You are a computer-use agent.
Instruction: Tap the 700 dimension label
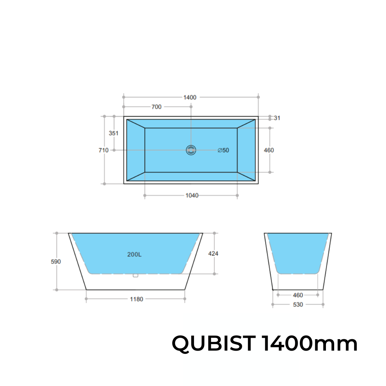[x=157, y=107]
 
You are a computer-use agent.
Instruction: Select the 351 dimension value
[x=113, y=133]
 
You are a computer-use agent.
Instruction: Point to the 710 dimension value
[x=104, y=150]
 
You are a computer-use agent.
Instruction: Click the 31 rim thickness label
[x=277, y=118]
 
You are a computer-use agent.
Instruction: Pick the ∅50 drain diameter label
[x=223, y=150]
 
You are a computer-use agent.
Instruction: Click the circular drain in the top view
[x=191, y=150]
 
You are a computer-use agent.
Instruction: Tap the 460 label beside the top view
[x=269, y=150]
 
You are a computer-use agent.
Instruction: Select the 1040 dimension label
[x=192, y=196]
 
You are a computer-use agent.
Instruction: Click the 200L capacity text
[x=134, y=255]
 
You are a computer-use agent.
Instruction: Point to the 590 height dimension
[x=56, y=262]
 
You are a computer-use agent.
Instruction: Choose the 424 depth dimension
[x=213, y=254]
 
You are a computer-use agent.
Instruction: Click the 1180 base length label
[x=137, y=299]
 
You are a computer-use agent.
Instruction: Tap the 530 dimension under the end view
[x=298, y=305]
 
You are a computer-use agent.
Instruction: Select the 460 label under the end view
[x=298, y=295]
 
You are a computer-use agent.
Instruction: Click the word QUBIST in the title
[x=213, y=344]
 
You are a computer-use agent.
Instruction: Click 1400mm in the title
[x=310, y=344]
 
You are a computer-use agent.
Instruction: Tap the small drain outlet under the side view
[x=135, y=275]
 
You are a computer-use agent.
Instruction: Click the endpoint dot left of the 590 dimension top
[x=56, y=233]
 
